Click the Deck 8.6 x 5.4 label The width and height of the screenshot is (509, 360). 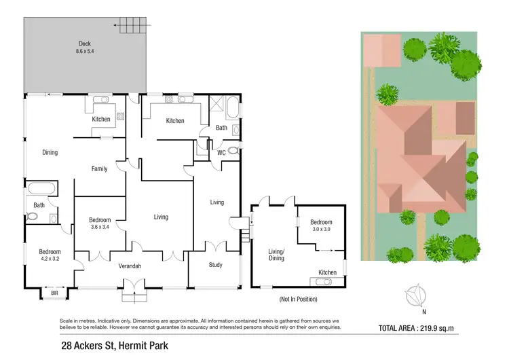pyautogui.click(x=85, y=47)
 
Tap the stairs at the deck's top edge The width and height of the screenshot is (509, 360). pyautogui.click(x=133, y=26)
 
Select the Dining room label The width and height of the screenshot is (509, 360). pyautogui.click(x=50, y=152)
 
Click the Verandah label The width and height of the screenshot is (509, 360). pyautogui.click(x=129, y=266)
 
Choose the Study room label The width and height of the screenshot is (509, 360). pyautogui.click(x=215, y=266)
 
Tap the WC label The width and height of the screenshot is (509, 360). pyautogui.click(x=221, y=153)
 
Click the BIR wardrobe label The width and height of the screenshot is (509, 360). pyautogui.click(x=55, y=293)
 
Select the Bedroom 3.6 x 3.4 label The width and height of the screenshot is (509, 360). pyautogui.click(x=100, y=223)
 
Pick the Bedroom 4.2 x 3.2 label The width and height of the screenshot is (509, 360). pyautogui.click(x=50, y=255)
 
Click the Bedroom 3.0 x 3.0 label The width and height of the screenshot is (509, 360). pyautogui.click(x=321, y=226)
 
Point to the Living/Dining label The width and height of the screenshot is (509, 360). pyautogui.click(x=276, y=255)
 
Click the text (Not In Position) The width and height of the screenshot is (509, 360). pyautogui.click(x=298, y=299)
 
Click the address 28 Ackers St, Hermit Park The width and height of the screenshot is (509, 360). pyautogui.click(x=113, y=346)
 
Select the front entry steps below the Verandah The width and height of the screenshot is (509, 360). pyautogui.click(x=133, y=296)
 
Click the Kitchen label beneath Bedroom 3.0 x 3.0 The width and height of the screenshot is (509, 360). pyautogui.click(x=327, y=272)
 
